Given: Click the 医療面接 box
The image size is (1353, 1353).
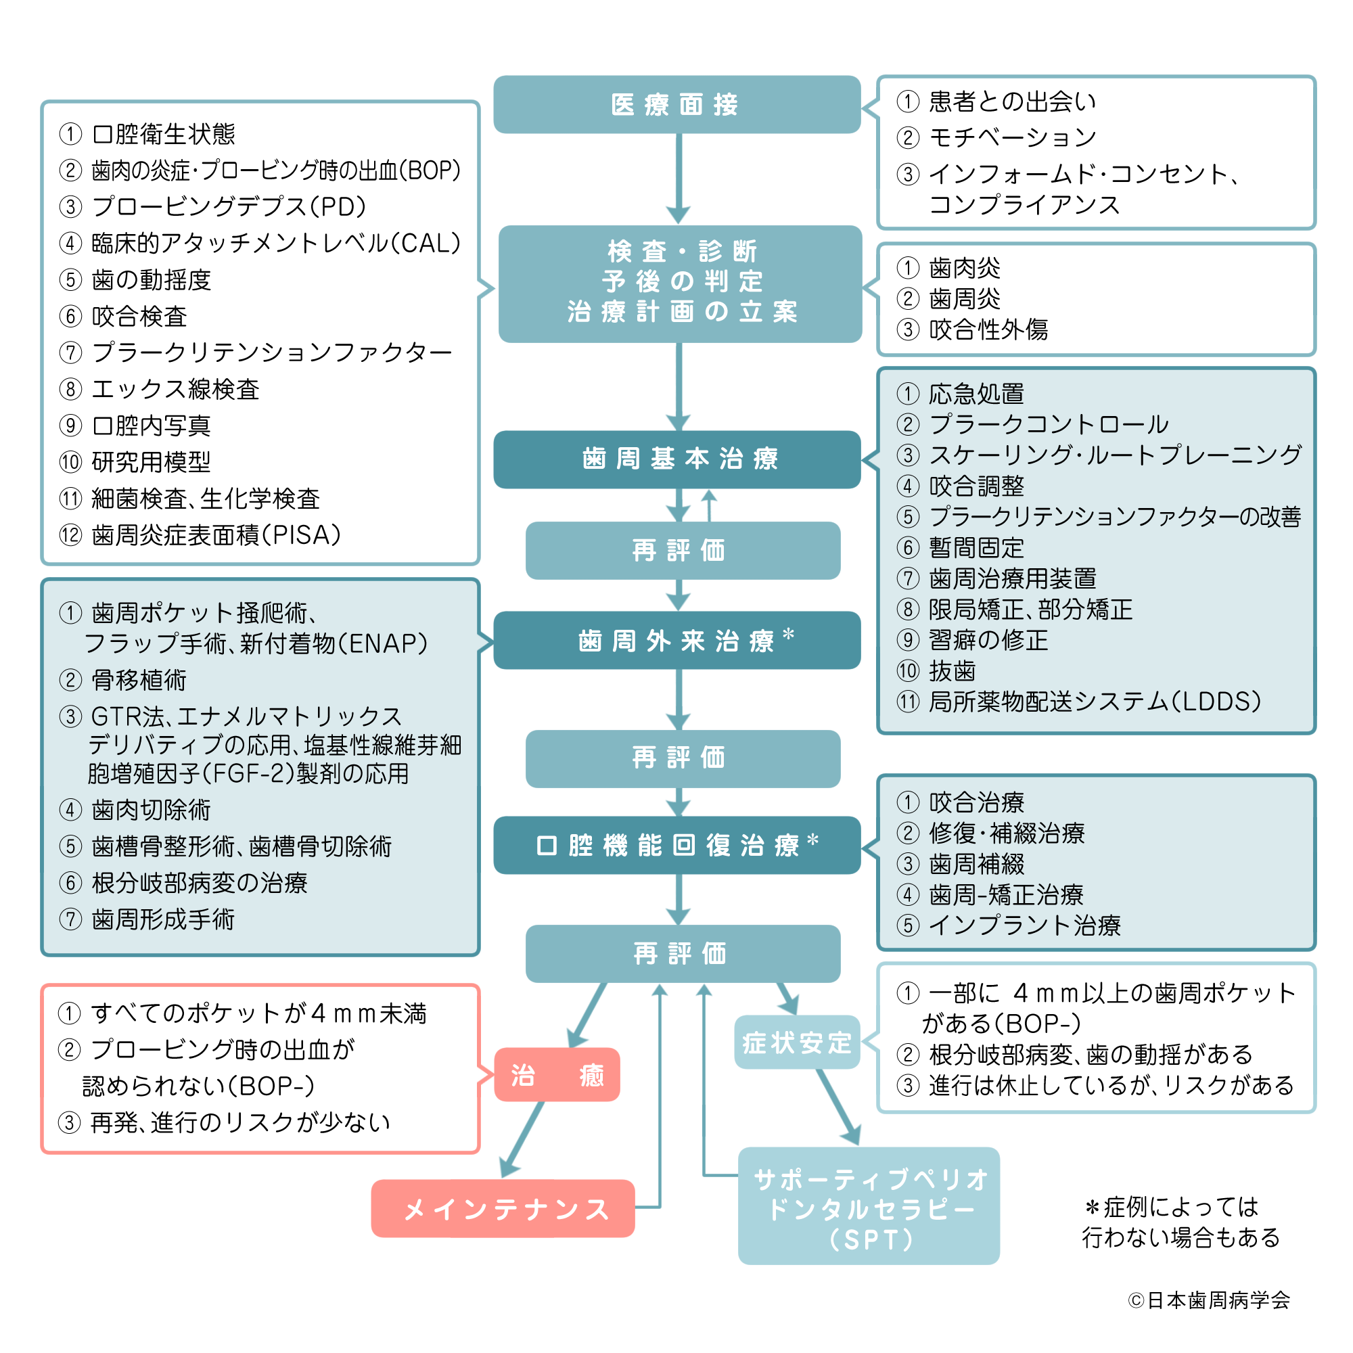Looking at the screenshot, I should point(676,104).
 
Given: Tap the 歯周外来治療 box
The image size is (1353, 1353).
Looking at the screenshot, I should point(676,640).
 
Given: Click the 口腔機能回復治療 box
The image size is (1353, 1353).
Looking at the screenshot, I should point(676,844).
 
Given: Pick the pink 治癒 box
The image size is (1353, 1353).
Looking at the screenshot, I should point(557,1074).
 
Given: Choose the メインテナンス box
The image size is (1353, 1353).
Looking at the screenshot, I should point(503,1208).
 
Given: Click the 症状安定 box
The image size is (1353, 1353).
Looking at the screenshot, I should point(796,1042).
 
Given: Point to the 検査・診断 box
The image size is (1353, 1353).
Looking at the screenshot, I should point(679,283).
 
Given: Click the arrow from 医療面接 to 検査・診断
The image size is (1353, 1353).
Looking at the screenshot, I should point(678,179).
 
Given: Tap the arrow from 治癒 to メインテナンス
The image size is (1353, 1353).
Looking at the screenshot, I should point(524,1139).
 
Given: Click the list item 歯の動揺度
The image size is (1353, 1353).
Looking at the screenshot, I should point(151,280).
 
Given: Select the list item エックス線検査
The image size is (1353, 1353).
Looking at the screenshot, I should point(175,390).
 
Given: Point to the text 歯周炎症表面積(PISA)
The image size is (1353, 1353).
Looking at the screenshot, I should point(216,535).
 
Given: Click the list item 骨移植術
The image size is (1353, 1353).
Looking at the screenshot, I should point(139,680).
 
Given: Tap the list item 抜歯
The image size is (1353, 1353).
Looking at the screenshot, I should point(952,671).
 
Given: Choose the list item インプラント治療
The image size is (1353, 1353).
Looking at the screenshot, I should point(1024,925).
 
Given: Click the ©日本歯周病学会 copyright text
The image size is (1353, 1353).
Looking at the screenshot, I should point(1209,1300).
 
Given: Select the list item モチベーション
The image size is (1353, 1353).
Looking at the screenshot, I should point(1012,137).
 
